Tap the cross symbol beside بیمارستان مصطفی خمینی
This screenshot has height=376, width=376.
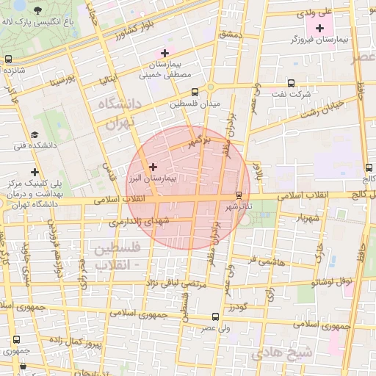point(164,52)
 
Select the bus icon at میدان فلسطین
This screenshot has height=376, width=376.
point(195,93)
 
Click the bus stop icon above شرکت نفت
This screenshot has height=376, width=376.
point(292,83)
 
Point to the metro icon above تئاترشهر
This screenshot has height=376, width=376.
point(238,195)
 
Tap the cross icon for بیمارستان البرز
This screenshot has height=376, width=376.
point(153,167)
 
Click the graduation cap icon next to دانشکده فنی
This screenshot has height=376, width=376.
point(35,134)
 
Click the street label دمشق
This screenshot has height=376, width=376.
point(230,35)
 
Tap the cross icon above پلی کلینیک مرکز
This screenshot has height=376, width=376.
point(35,172)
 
